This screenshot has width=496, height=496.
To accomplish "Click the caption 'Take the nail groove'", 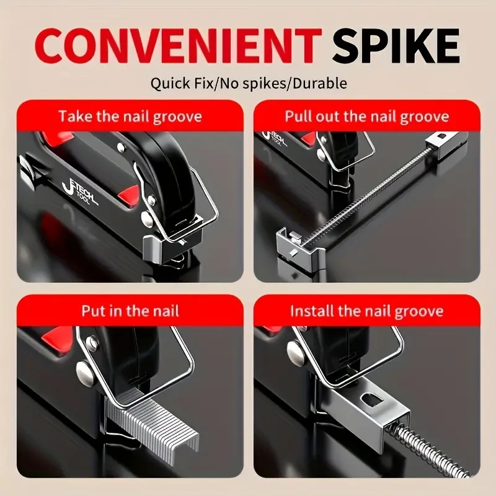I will click(x=130, y=116).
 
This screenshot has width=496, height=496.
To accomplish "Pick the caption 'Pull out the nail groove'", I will click(x=366, y=116).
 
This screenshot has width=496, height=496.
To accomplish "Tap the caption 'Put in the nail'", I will click(x=130, y=310).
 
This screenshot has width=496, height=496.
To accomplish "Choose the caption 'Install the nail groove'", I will click(x=366, y=310).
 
